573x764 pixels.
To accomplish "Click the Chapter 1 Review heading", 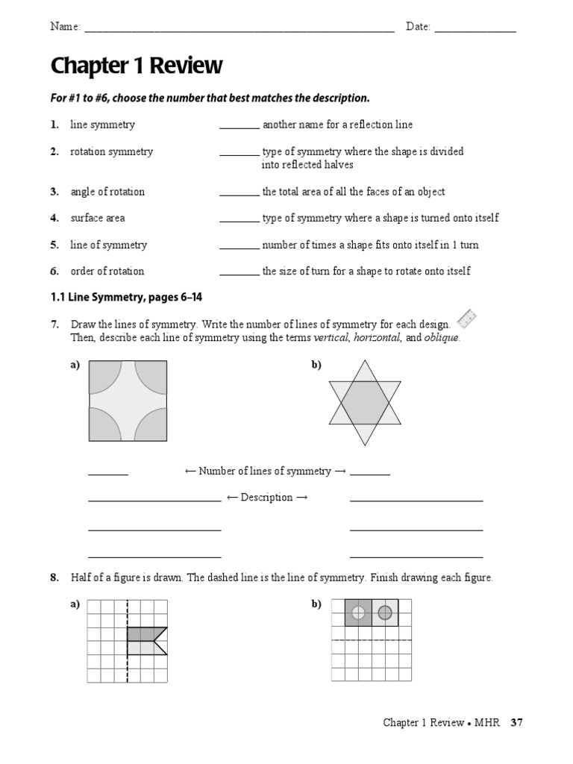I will point(136,66).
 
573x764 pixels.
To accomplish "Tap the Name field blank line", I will point(239,31).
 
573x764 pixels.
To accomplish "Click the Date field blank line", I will point(475,31).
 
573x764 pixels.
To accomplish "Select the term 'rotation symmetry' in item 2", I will point(111,151).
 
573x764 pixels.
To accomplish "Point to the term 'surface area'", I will point(98,218).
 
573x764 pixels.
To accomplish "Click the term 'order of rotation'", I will point(107,271).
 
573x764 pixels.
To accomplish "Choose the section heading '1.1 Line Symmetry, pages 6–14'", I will point(126,297).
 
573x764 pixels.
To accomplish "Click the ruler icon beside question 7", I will point(466,319).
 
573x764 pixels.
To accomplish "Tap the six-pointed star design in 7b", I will point(365,403).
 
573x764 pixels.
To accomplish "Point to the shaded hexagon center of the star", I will point(365,403).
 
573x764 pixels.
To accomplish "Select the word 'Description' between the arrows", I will point(266,498).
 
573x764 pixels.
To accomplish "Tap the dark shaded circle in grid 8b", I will point(385,613).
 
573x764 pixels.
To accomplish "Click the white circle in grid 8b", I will point(358,613).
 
